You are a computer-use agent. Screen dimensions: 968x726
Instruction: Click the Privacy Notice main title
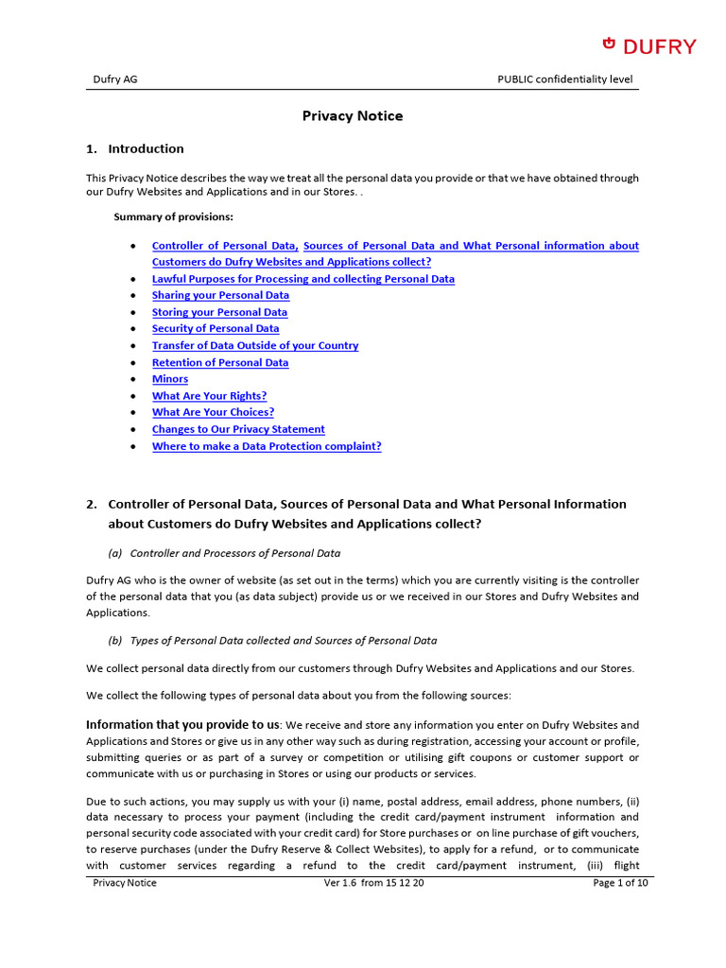coord(352,116)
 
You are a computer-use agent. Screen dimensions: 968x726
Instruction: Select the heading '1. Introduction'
coord(135,148)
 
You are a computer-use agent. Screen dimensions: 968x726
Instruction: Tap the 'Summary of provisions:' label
coord(173,216)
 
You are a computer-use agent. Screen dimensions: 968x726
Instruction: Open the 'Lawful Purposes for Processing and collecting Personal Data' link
coord(302,279)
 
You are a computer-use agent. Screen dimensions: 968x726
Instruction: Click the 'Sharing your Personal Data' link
coord(220,295)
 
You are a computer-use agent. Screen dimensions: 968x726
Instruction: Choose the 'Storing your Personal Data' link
coord(219,312)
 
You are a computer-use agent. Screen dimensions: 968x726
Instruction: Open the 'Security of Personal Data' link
coord(216,328)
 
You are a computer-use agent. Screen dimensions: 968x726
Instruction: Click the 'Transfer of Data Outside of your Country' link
coord(255,345)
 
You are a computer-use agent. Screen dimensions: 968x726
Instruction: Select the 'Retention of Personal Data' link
coord(220,362)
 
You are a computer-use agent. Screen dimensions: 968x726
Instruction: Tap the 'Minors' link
coord(170,379)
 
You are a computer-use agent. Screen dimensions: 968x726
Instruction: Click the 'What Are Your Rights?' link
coord(209,396)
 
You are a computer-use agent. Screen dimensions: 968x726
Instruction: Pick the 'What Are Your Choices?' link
coord(213,412)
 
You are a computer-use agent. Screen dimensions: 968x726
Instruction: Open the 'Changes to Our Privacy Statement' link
coord(238,429)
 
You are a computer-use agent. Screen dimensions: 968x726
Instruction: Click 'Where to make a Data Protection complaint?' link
coord(267,446)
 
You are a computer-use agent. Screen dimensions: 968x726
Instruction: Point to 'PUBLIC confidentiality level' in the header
coord(564,79)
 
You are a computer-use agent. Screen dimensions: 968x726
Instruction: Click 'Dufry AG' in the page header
coord(114,79)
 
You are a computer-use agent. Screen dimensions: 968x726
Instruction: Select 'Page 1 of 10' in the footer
coord(620,883)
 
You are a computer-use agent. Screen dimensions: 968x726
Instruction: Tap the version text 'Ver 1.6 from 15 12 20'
coord(374,883)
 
